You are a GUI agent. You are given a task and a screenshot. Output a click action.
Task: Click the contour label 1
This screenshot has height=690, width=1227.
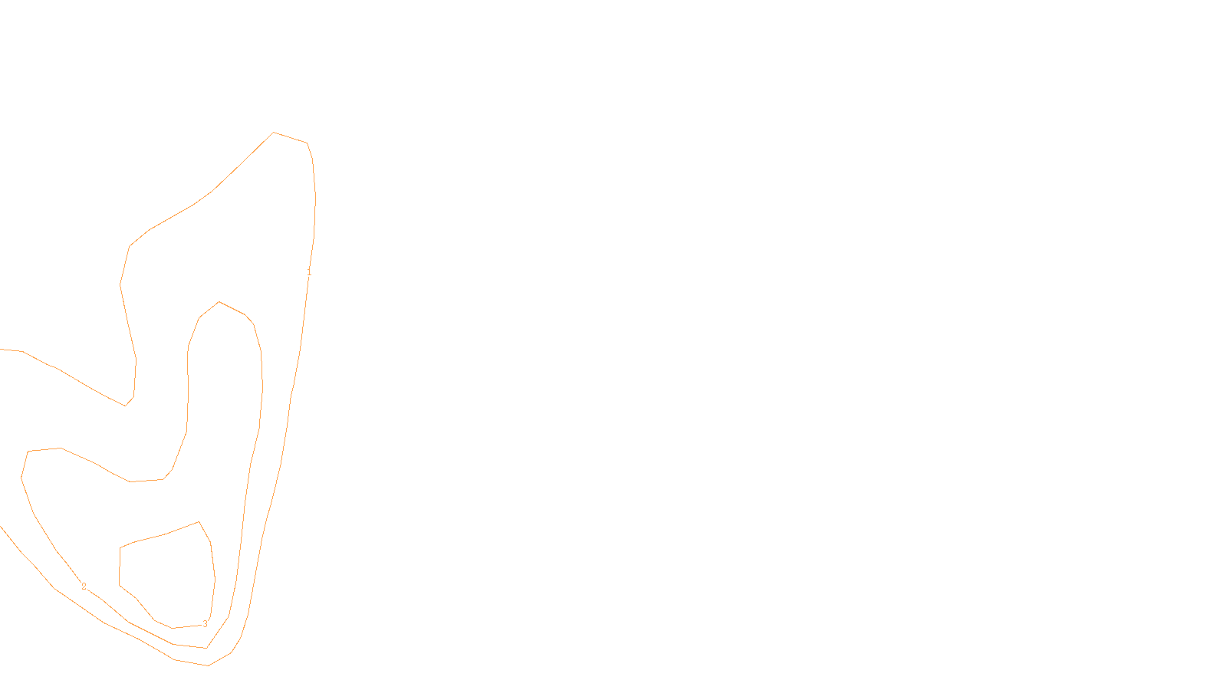coord(309,272)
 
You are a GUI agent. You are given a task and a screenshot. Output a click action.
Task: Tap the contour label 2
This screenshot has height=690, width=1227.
coord(84,586)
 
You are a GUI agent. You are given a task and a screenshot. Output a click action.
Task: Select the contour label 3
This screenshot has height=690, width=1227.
coord(205,624)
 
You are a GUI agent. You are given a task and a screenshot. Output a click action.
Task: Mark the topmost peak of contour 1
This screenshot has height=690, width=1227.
coord(274,132)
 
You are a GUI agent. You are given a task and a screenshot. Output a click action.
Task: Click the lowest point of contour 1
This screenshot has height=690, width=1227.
coord(208,665)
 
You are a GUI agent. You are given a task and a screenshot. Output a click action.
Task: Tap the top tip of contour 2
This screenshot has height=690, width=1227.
coord(219,302)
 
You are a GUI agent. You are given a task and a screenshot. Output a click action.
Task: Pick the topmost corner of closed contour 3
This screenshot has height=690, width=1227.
coord(199,522)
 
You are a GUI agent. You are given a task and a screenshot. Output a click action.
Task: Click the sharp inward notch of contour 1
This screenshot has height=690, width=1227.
coord(126,406)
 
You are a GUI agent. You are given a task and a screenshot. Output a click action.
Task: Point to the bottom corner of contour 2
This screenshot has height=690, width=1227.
coord(206,648)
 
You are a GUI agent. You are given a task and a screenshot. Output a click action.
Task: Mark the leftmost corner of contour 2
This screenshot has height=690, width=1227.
coord(21,477)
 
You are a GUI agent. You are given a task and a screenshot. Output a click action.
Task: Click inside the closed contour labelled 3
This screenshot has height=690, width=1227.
coord(165,575)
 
